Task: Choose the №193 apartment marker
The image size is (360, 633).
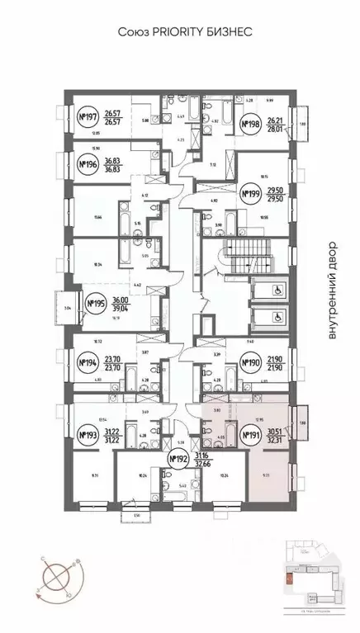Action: [86, 436]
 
